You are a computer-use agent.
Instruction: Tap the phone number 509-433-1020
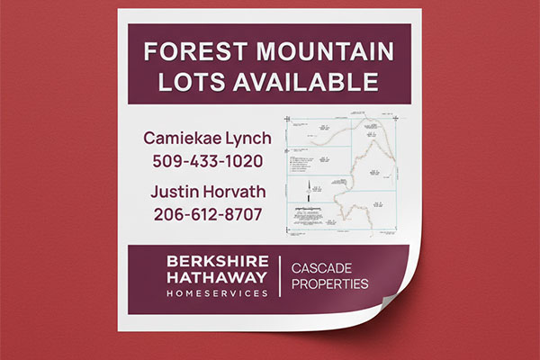208,163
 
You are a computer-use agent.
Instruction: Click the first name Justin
175,192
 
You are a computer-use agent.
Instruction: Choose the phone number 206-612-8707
208,215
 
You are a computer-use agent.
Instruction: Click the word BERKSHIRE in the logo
217,261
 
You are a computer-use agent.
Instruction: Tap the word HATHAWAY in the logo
217,278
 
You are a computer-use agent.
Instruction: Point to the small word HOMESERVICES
217,293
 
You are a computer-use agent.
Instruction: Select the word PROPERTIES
329,285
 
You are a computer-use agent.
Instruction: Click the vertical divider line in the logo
281,277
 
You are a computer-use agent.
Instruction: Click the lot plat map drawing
341,176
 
